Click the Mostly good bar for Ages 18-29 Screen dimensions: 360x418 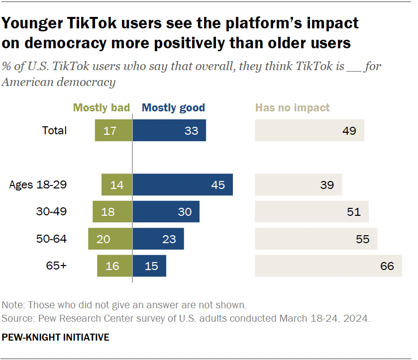(183, 184)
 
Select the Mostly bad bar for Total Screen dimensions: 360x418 (113, 131)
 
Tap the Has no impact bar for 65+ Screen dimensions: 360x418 (328, 266)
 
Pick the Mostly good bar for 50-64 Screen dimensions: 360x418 (158, 239)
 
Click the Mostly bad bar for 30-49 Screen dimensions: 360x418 (112, 212)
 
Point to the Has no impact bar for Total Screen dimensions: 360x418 (309, 131)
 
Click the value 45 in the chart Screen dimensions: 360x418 (218, 185)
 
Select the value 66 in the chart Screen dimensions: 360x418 (387, 266)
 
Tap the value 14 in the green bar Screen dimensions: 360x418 (117, 185)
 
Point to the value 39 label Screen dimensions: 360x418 (327, 185)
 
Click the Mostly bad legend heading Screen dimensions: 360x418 (101, 108)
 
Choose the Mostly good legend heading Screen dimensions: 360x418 (173, 108)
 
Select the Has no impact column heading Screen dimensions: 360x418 (292, 108)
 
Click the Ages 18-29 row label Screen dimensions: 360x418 (38, 185)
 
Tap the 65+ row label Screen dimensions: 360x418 (56, 266)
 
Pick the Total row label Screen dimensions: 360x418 (54, 131)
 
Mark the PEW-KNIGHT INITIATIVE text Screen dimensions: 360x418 (55, 337)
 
